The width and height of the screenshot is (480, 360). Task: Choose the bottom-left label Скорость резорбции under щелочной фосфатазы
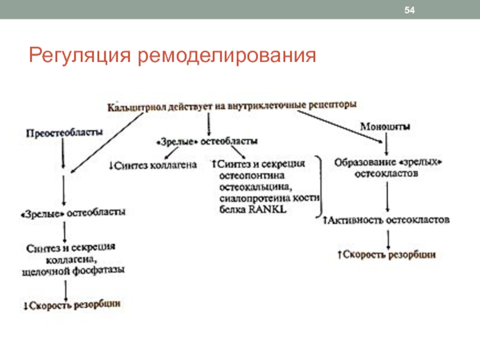[x=72, y=305]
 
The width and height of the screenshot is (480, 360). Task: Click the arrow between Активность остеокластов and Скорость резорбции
[x=388, y=238]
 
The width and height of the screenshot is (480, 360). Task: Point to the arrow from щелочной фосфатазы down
[x=66, y=287]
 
